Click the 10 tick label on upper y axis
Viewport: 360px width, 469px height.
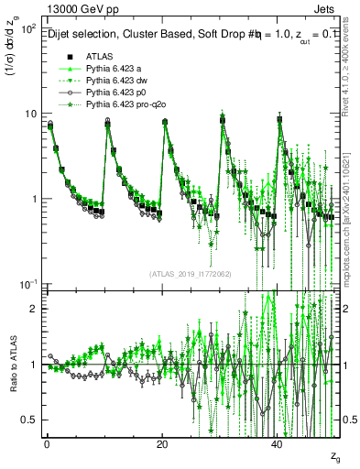tap(31, 115)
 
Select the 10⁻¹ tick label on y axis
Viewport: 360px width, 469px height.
tap(27, 284)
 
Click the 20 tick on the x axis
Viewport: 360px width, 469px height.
tap(161, 443)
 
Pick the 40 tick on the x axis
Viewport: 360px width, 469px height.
tap(277, 443)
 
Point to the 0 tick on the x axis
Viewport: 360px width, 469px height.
tap(46, 443)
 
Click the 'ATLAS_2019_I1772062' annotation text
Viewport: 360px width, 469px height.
tap(189, 274)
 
